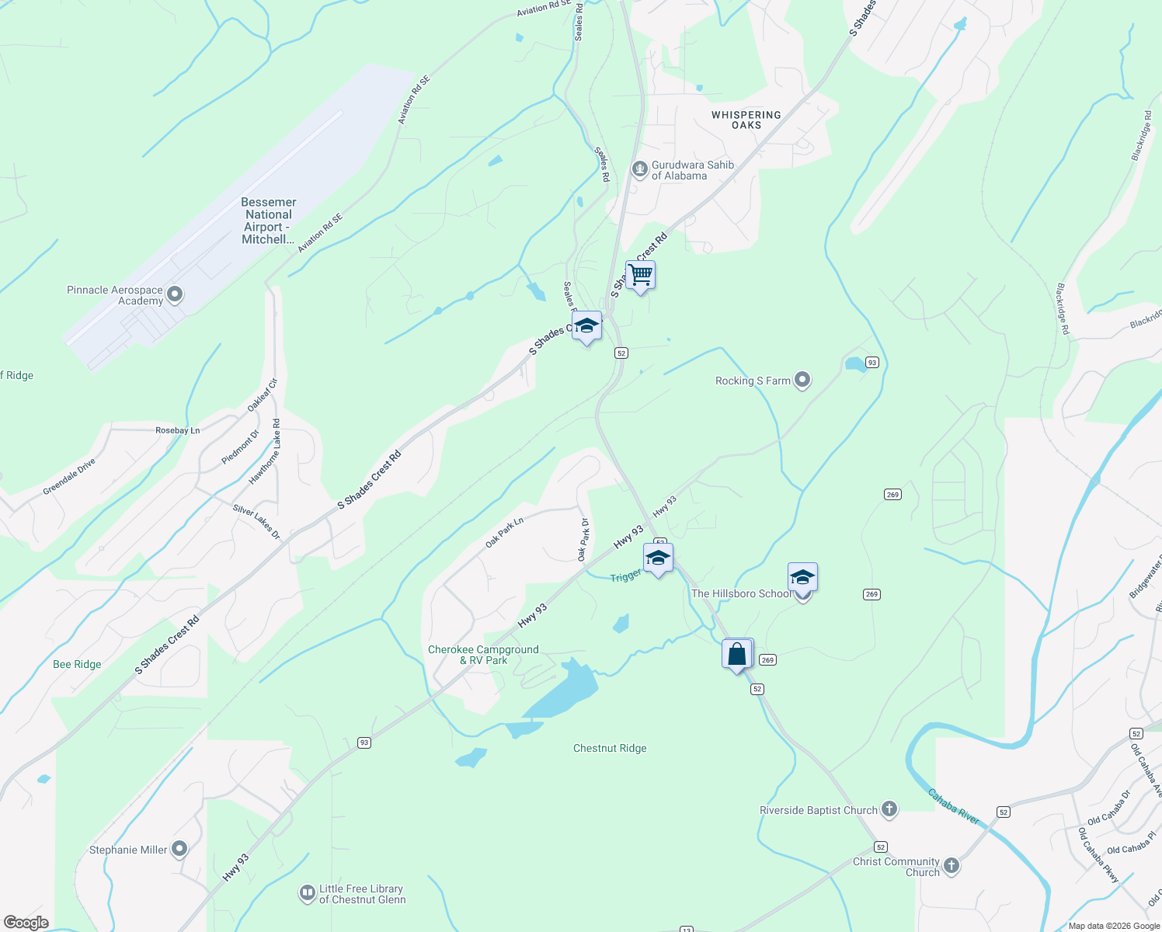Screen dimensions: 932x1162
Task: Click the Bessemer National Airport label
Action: tap(268, 221)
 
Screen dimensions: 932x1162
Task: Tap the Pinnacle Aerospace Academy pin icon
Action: tap(175, 294)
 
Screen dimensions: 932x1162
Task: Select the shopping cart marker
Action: tap(641, 275)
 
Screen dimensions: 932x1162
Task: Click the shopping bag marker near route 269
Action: tap(737, 654)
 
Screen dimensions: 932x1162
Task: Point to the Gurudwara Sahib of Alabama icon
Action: tap(639, 169)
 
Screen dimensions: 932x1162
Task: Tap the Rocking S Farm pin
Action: tap(802, 380)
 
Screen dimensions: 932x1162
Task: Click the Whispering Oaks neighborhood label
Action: tap(746, 120)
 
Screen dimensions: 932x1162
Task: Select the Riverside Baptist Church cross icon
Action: tap(889, 810)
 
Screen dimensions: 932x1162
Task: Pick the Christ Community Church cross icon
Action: tap(952, 865)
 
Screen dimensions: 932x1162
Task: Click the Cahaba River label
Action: tap(953, 806)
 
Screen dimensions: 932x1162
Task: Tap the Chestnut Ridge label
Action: tap(610, 749)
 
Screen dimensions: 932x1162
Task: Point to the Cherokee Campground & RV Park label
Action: tap(483, 655)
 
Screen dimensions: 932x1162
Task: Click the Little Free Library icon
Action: tap(307, 893)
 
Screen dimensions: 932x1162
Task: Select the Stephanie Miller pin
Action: tap(179, 849)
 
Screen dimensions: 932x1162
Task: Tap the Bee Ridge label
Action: tap(77, 664)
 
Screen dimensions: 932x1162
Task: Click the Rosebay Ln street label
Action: tap(177, 430)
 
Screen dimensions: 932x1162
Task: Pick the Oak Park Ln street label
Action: tap(504, 532)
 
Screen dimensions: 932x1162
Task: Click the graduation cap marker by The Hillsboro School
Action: tap(802, 578)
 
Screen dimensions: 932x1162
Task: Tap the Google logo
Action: tap(26, 922)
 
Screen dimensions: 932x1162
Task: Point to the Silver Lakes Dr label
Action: tap(256, 522)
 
